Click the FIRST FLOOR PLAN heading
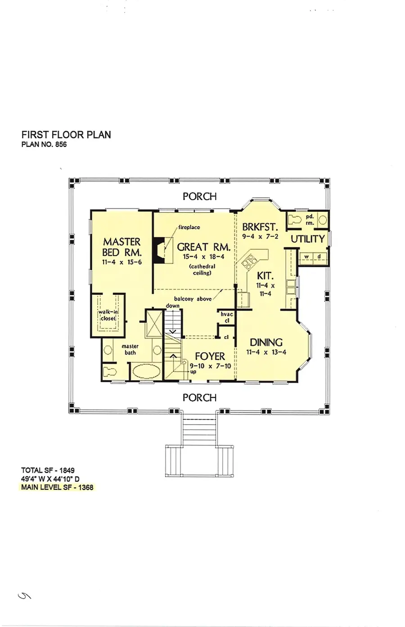coord(66,135)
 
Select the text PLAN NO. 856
coord(44,144)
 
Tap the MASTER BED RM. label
coord(121,247)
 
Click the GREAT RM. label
coord(203,247)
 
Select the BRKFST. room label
coord(260,227)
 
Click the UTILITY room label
coord(307,239)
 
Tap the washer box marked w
coord(306,257)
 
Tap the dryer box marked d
coord(319,257)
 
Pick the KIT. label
coord(265,275)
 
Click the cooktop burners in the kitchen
coord(248,261)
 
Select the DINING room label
coord(266,343)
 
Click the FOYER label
coord(210,357)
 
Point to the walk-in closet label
coord(108,315)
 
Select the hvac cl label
coord(227,317)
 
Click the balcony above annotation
coord(193,299)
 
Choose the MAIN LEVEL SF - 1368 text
coord(57,487)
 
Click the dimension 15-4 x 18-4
coord(203,257)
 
